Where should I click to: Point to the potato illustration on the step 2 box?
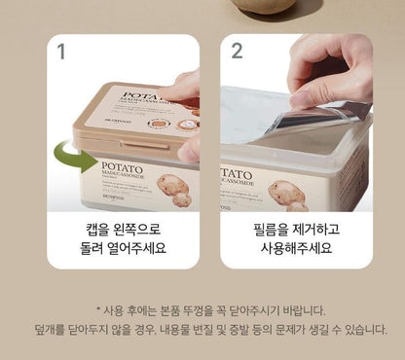coord(287,192)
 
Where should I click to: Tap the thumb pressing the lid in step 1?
coord(187,146)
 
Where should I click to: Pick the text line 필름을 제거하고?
coord(291,230)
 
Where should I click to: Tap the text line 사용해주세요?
coord(291,248)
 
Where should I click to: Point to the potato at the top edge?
coord(264,5)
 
